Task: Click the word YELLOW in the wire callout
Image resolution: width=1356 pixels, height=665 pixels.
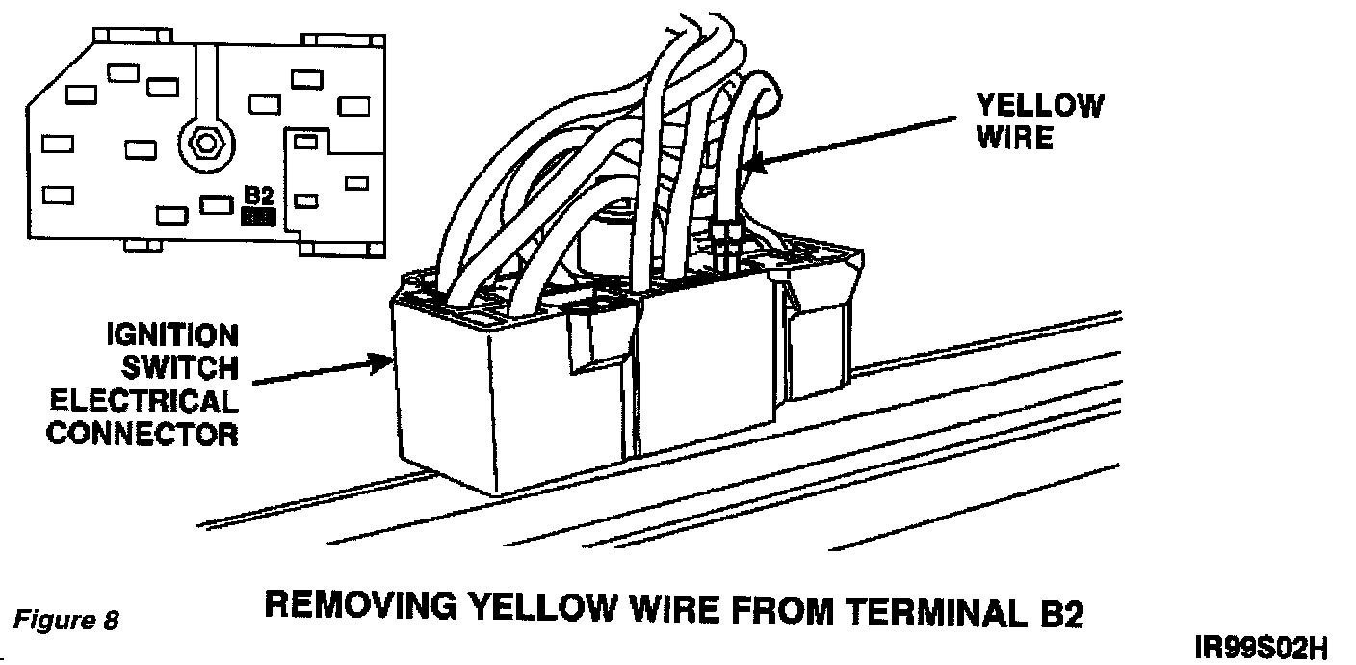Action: coord(1040,106)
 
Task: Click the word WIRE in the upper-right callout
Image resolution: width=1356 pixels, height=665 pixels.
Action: coord(1015,138)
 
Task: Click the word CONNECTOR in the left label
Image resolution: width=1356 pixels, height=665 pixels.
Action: coord(143,434)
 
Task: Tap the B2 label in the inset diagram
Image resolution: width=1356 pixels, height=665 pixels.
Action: coord(259,196)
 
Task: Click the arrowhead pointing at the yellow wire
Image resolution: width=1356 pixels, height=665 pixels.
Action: coord(752,166)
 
